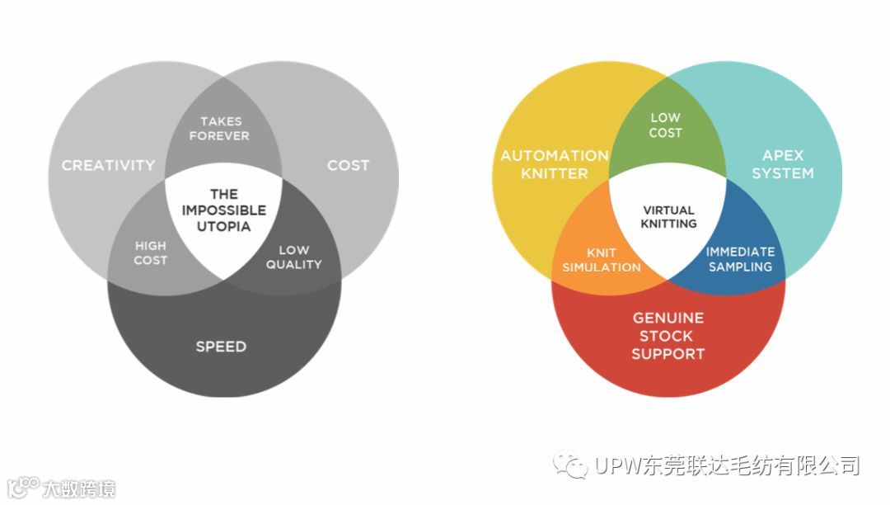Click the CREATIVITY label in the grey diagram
click(108, 165)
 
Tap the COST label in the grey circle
click(348, 165)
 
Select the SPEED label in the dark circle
click(221, 346)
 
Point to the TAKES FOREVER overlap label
click(220, 129)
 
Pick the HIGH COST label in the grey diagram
click(151, 252)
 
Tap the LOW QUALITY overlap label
click(293, 257)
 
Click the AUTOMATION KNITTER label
click(554, 164)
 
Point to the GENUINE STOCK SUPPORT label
click(667, 336)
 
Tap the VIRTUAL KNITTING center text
click(668, 217)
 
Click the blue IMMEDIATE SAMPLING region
click(739, 259)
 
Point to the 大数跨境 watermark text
click(79, 488)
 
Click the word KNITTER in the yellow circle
click(554, 173)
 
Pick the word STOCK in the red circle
click(667, 336)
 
